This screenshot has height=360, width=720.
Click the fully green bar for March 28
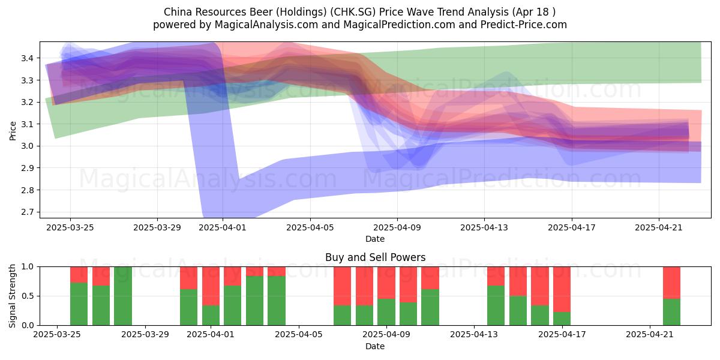click(123, 296)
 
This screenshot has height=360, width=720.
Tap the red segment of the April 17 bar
click(562, 289)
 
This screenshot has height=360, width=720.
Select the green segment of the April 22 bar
click(672, 312)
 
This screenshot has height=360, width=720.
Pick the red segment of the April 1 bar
click(211, 286)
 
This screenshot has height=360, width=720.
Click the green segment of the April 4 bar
click(277, 301)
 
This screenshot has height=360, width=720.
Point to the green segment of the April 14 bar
click(496, 305)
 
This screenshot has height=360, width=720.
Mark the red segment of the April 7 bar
click(343, 286)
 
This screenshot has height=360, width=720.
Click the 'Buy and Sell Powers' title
click(375, 257)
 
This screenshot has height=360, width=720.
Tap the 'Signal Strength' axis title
click(12, 296)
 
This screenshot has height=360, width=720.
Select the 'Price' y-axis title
click(13, 131)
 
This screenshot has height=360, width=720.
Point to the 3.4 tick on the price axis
click(28, 58)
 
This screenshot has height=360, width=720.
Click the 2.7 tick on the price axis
click(28, 212)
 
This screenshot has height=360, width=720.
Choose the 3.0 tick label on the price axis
click(28, 146)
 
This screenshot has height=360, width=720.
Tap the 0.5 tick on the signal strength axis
click(28, 296)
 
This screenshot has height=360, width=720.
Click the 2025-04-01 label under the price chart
click(223, 228)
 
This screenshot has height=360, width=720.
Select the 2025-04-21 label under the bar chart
click(650, 335)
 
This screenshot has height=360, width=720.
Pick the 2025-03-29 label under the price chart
click(157, 228)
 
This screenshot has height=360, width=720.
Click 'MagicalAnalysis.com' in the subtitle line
click(266, 25)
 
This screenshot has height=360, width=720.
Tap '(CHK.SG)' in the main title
click(353, 12)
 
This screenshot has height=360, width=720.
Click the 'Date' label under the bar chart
click(375, 347)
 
